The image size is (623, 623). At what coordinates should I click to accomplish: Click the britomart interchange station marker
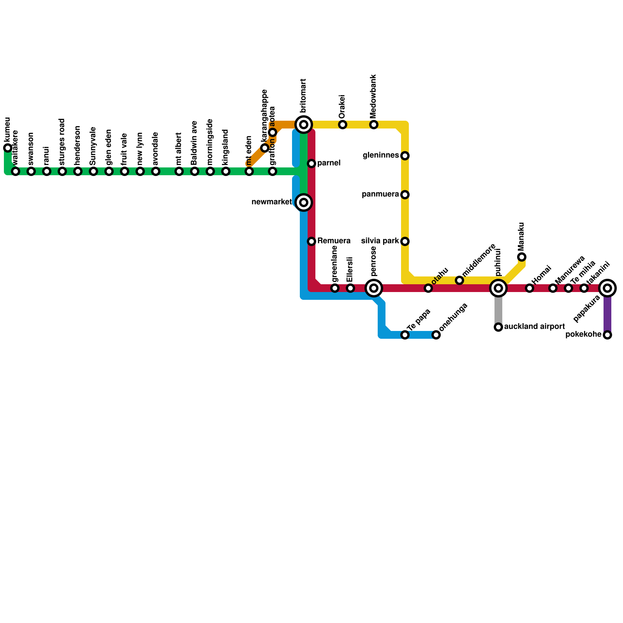click(304, 125)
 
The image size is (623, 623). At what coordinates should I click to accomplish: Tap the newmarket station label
click(271, 202)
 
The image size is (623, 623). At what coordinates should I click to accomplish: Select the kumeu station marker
click(8, 148)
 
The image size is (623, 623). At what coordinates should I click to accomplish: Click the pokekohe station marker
click(607, 335)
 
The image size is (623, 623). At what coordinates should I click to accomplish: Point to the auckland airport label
click(534, 327)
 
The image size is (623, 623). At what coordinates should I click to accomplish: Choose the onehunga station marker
click(436, 335)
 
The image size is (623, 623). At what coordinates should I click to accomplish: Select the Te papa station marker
click(405, 335)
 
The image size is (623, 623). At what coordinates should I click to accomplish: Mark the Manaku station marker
click(522, 257)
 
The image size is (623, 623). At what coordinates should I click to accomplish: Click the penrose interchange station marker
click(374, 288)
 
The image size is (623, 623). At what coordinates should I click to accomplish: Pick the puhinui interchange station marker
click(498, 288)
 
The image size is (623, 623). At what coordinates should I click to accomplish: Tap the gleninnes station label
click(381, 156)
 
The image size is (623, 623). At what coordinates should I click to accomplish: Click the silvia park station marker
click(405, 241)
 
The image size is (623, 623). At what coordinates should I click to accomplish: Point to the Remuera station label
click(334, 241)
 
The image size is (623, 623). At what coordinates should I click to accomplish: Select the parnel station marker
click(311, 164)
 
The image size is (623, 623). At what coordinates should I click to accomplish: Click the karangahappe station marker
click(265, 148)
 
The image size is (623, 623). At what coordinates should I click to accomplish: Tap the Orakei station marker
click(343, 125)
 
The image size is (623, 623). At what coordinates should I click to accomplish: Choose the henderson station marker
click(78, 171)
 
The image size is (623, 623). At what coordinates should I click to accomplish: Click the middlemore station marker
click(459, 280)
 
